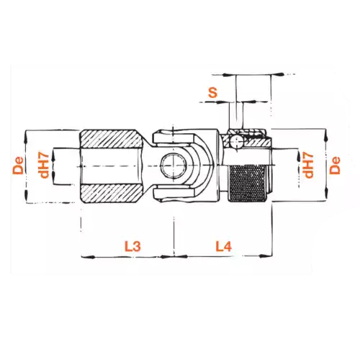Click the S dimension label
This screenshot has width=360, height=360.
[x=212, y=92]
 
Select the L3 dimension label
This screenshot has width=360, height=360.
[x=132, y=246]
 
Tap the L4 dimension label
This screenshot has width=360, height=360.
[x=224, y=246]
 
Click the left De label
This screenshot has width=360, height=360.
[x=19, y=166]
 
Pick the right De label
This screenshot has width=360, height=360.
[x=335, y=166]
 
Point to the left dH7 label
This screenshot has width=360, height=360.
[x=45, y=166]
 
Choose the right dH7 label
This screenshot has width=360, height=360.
[x=309, y=166]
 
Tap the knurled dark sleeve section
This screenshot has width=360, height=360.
[x=247, y=184]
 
